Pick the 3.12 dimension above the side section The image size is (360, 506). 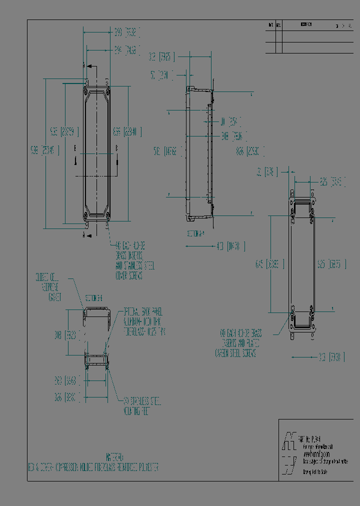[x=162, y=57]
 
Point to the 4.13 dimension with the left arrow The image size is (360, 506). [x=230, y=246]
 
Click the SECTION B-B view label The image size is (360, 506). [x=94, y=298]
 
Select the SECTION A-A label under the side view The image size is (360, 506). [x=196, y=233]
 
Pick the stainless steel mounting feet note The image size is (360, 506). [x=142, y=406]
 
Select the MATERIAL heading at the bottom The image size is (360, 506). [x=114, y=457]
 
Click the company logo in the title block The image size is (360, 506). [x=288, y=448]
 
